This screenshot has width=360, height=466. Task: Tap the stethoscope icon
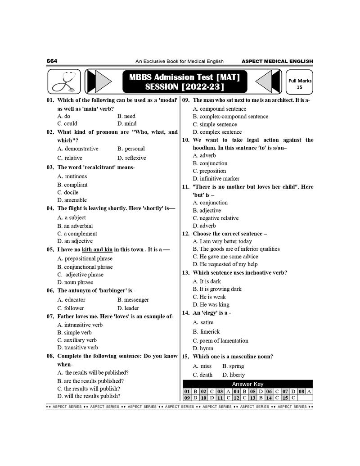63,81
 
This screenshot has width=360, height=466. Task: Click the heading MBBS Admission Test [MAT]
184,77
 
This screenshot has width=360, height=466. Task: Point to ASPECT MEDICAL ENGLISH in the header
277,61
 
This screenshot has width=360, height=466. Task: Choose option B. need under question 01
126,116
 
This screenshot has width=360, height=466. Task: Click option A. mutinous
72,176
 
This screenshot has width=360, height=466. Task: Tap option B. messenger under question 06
133,300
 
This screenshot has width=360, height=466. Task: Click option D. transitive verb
77,348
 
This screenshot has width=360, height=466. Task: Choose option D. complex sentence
217,132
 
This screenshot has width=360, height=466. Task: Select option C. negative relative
216,218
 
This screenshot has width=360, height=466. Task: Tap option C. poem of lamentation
220,341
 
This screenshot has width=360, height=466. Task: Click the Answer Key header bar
247,384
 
